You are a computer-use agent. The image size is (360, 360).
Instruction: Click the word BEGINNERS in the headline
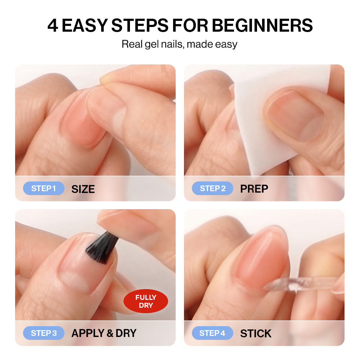click(262, 25)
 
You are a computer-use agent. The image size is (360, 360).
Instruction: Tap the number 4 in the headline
click(53, 25)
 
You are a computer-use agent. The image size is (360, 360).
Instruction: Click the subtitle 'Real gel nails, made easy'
click(179, 44)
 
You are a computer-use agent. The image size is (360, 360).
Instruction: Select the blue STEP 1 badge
click(44, 188)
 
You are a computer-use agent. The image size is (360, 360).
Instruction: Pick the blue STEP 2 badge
click(213, 188)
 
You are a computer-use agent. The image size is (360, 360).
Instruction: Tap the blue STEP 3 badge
click(44, 333)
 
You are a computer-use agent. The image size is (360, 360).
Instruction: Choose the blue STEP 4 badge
click(213, 333)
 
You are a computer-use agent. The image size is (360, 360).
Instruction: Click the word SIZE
click(83, 189)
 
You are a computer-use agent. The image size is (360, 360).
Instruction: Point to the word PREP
click(254, 189)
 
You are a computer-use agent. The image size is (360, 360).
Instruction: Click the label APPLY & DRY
click(104, 333)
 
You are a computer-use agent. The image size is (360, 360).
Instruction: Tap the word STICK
click(256, 333)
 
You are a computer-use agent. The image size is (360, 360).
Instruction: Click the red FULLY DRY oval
click(146, 301)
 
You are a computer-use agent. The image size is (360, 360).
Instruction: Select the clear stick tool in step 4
click(301, 284)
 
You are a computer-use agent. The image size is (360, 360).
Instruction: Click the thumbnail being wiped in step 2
click(295, 116)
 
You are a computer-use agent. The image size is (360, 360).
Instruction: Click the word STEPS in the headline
click(140, 25)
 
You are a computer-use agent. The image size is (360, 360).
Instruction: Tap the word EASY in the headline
click(85, 25)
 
